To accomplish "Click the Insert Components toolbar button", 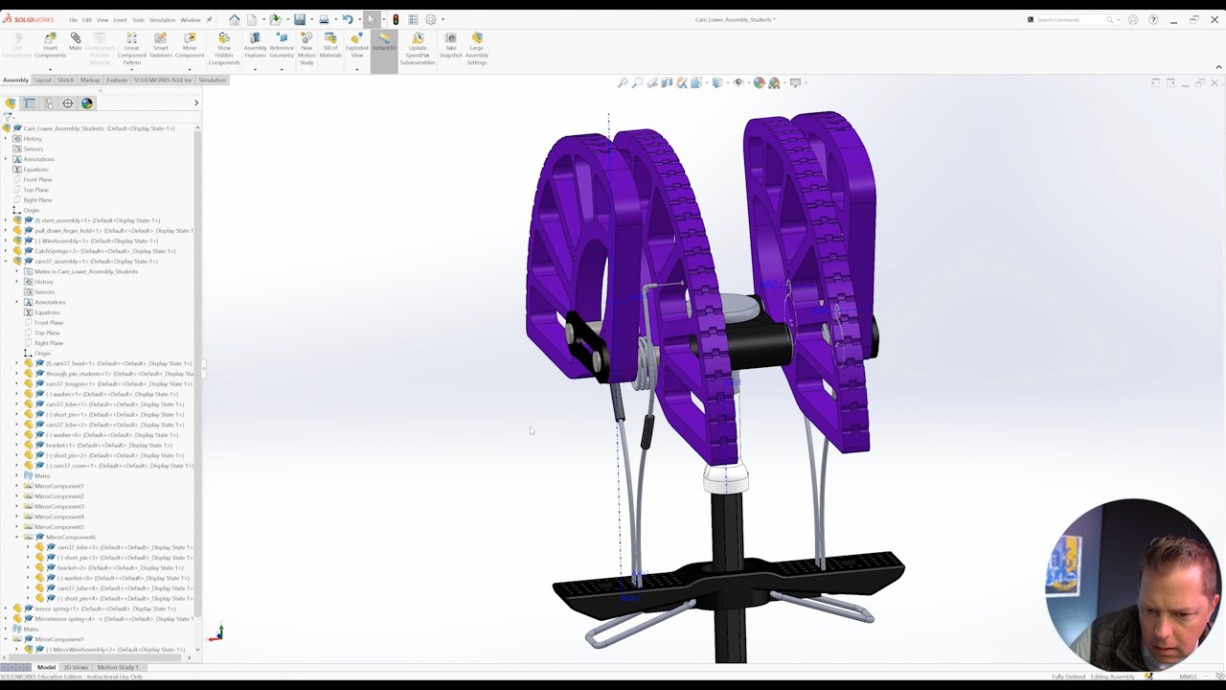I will (x=50, y=43).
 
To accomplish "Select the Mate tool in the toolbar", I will (x=75, y=42).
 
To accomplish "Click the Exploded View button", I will (x=356, y=43).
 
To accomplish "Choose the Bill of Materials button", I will (x=330, y=43).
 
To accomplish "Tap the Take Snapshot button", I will (x=450, y=43).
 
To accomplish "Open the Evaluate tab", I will (x=117, y=80).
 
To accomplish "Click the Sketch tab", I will (x=65, y=80).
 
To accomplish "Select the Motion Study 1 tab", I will (x=118, y=667).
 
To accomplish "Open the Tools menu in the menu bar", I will (x=138, y=19).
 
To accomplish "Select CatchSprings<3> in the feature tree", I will (x=104, y=251).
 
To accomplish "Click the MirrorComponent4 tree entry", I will (x=59, y=517).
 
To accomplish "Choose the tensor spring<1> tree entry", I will (x=104, y=609).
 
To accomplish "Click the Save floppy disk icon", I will (x=299, y=19).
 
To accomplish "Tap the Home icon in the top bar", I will (x=235, y=19).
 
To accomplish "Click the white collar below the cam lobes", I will (x=725, y=477).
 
